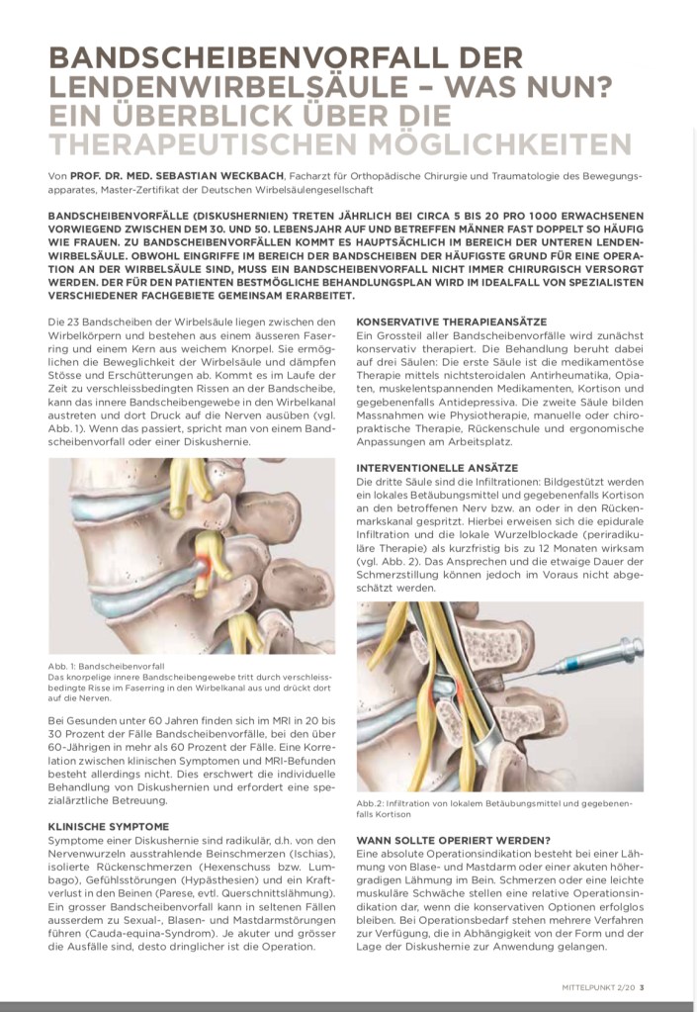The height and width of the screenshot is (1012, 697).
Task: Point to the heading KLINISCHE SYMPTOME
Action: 108,825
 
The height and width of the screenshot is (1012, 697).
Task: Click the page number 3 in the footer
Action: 643,984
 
